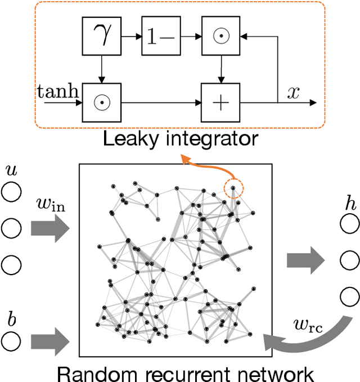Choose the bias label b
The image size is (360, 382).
[10, 320]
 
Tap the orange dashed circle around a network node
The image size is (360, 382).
[233, 188]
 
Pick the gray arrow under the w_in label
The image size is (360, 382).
[50, 228]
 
